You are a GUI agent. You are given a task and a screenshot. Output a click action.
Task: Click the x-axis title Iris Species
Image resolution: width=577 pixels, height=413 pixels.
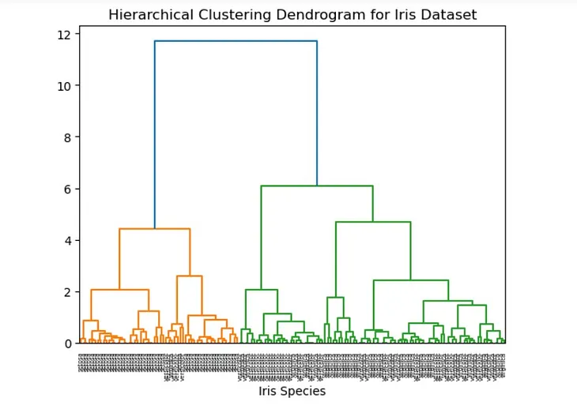click(x=292, y=391)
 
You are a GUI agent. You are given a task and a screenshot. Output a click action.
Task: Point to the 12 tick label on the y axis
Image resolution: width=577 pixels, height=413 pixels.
click(x=64, y=34)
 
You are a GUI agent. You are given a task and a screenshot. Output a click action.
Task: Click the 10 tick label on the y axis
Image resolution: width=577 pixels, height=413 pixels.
click(x=64, y=86)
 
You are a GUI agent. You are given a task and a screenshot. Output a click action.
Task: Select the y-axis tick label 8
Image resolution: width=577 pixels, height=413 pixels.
click(x=67, y=137)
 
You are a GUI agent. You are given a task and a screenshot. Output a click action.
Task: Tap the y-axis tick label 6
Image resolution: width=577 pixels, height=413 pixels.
click(x=67, y=189)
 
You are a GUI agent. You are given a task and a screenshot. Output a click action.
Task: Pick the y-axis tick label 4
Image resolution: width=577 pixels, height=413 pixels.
click(x=67, y=240)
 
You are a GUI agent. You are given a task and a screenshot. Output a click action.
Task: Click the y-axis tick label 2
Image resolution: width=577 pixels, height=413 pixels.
click(x=67, y=292)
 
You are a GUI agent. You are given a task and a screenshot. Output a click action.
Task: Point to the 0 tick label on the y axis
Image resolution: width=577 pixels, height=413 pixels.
click(x=67, y=344)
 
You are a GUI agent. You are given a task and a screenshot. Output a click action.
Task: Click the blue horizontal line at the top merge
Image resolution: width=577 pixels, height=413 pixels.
click(x=236, y=41)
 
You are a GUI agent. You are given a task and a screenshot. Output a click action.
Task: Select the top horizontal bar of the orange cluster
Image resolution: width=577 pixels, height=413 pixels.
click(x=154, y=229)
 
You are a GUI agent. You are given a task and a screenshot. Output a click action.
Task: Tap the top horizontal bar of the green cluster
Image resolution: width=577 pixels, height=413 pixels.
click(x=316, y=186)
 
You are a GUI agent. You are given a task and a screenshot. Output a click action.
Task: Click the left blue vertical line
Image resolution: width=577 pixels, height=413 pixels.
click(x=155, y=134)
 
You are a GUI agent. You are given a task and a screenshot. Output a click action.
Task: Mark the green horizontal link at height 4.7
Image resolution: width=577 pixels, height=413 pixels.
click(x=373, y=223)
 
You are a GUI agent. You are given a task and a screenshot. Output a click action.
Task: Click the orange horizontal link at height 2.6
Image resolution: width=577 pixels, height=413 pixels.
click(x=189, y=276)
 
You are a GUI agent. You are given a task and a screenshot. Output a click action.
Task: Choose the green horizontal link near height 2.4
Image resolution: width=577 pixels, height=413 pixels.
click(x=411, y=280)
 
